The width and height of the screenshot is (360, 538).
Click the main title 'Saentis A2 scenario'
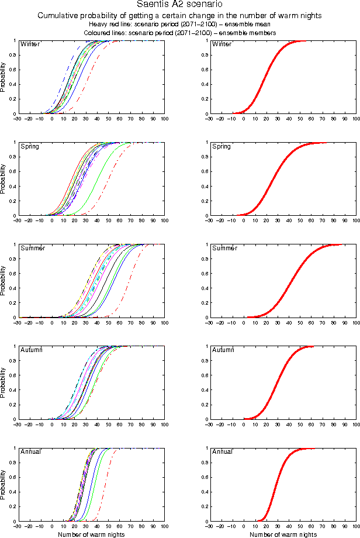click(179, 5)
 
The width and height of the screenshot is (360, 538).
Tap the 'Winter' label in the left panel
click(29, 44)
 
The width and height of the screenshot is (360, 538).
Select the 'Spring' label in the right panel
click(221, 146)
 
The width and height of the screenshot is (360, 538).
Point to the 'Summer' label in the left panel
click(31, 249)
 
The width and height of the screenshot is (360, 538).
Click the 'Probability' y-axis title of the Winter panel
click(4, 77)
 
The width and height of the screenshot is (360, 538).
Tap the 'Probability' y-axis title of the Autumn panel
click(4, 383)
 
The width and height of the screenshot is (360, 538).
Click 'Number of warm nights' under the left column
click(91, 534)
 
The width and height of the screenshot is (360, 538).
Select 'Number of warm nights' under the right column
click(283, 534)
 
